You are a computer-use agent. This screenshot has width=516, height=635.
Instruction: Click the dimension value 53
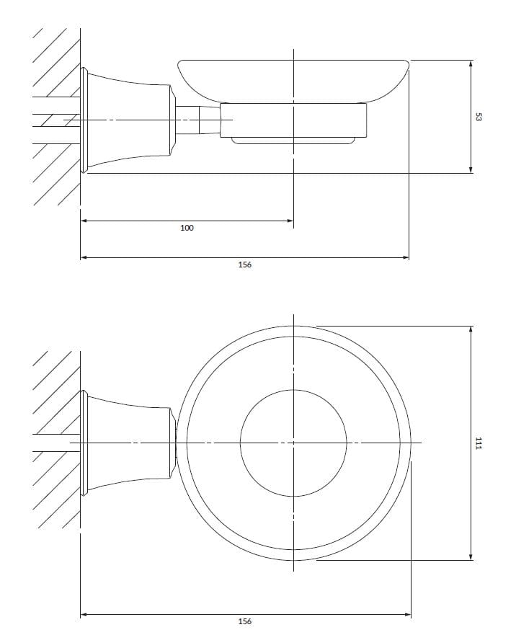pyautogui.click(x=478, y=117)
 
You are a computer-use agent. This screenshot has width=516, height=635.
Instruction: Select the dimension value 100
pyautogui.click(x=187, y=228)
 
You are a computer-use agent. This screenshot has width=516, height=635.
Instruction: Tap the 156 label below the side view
pyautogui.click(x=245, y=265)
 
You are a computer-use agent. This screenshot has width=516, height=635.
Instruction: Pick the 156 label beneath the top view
pyautogui.click(x=245, y=622)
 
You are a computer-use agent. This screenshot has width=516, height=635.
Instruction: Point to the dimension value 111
pyautogui.click(x=478, y=443)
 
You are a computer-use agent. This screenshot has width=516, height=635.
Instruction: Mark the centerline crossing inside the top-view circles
pyautogui.click(x=293, y=442)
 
